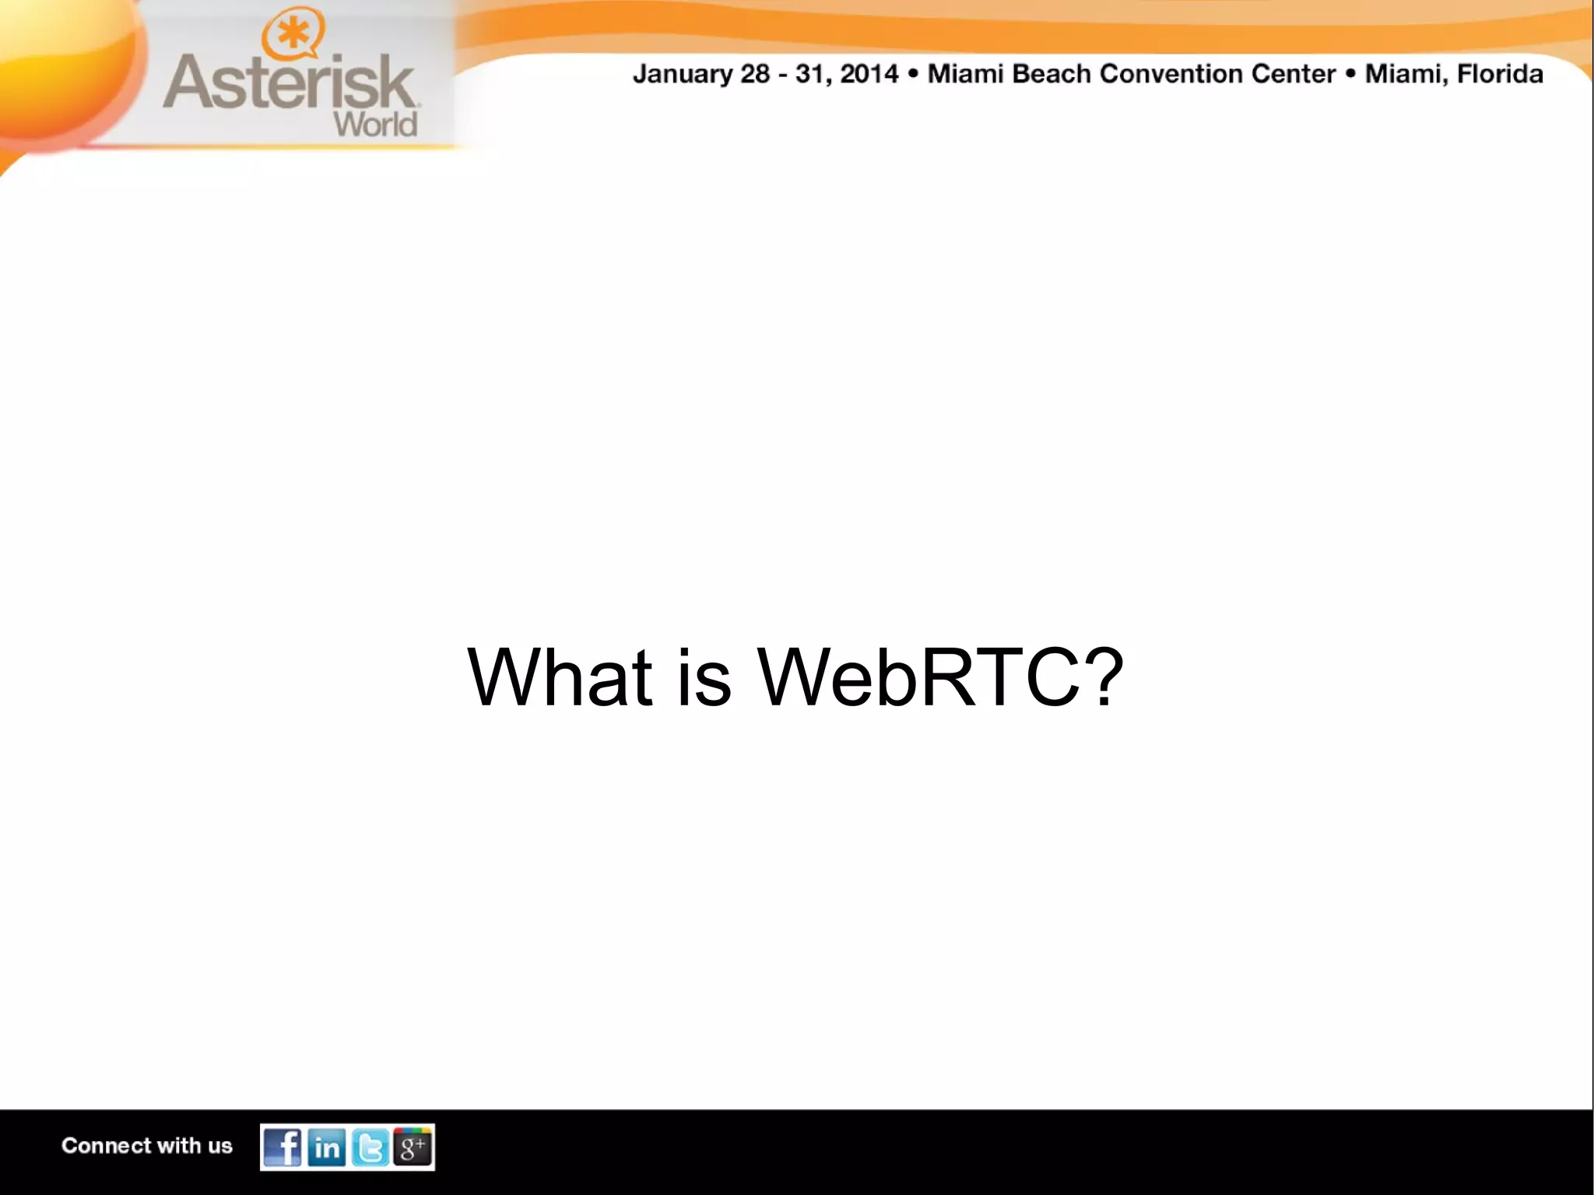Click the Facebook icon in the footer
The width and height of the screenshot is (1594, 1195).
(282, 1147)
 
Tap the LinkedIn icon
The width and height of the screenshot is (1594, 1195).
(326, 1147)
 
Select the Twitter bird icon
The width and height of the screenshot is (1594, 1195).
(370, 1147)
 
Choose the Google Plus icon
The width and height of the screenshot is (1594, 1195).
(413, 1147)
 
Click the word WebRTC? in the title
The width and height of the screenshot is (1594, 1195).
(941, 677)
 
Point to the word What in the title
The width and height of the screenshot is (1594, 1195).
(559, 677)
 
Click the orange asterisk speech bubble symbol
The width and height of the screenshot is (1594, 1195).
(293, 36)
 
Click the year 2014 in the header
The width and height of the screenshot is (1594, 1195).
(869, 75)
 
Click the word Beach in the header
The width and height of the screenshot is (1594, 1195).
(1051, 75)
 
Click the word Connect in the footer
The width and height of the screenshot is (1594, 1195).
(106, 1146)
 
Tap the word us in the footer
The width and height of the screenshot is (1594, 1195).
(220, 1146)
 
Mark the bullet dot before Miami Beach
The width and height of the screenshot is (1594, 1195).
(913, 75)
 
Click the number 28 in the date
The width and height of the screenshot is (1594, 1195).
(755, 75)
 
